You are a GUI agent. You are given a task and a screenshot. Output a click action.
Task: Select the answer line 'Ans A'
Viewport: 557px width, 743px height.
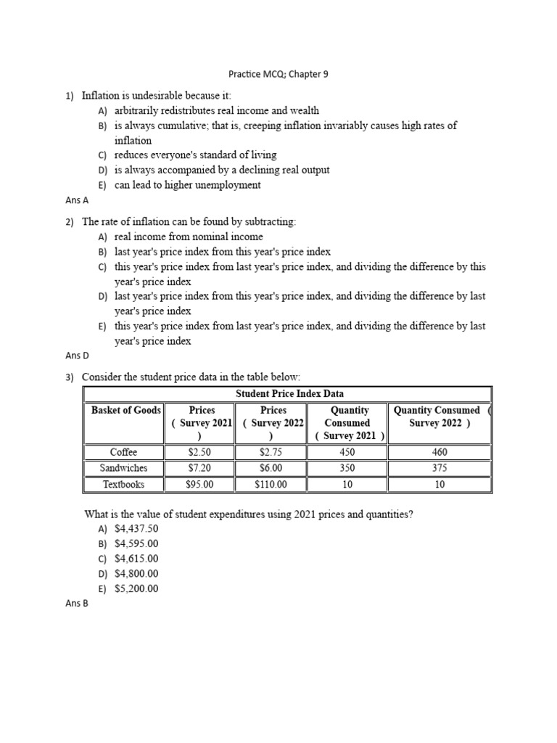click(76, 200)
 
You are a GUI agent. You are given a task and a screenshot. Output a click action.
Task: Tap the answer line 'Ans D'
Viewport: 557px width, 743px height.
click(76, 356)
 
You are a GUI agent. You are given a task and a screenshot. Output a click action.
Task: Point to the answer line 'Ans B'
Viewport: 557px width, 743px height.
click(76, 603)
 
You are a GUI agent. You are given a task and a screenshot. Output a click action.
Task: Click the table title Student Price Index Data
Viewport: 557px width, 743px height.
click(289, 394)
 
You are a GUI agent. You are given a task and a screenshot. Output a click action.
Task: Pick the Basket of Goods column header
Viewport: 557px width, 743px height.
click(125, 411)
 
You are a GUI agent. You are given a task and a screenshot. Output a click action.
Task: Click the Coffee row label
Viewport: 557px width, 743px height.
click(123, 452)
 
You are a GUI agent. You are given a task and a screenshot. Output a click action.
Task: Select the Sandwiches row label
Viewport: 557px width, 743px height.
click(123, 468)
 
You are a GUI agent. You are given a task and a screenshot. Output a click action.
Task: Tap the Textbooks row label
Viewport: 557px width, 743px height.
click(123, 484)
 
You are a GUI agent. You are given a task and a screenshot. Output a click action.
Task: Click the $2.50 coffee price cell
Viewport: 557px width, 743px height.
click(199, 452)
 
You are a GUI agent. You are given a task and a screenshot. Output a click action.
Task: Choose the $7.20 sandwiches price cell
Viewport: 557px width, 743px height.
click(199, 468)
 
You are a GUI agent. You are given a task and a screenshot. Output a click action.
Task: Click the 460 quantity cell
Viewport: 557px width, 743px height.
click(440, 452)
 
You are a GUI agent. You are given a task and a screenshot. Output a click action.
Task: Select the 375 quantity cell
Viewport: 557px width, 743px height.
click(440, 468)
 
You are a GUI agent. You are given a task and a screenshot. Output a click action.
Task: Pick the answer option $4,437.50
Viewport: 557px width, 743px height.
click(136, 529)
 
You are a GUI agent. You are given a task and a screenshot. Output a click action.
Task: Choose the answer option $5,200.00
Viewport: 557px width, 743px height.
click(136, 588)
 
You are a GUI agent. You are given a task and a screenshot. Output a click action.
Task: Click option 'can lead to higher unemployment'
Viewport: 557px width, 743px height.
click(187, 185)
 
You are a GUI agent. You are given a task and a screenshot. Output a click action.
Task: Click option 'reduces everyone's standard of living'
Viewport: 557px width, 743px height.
click(195, 155)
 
